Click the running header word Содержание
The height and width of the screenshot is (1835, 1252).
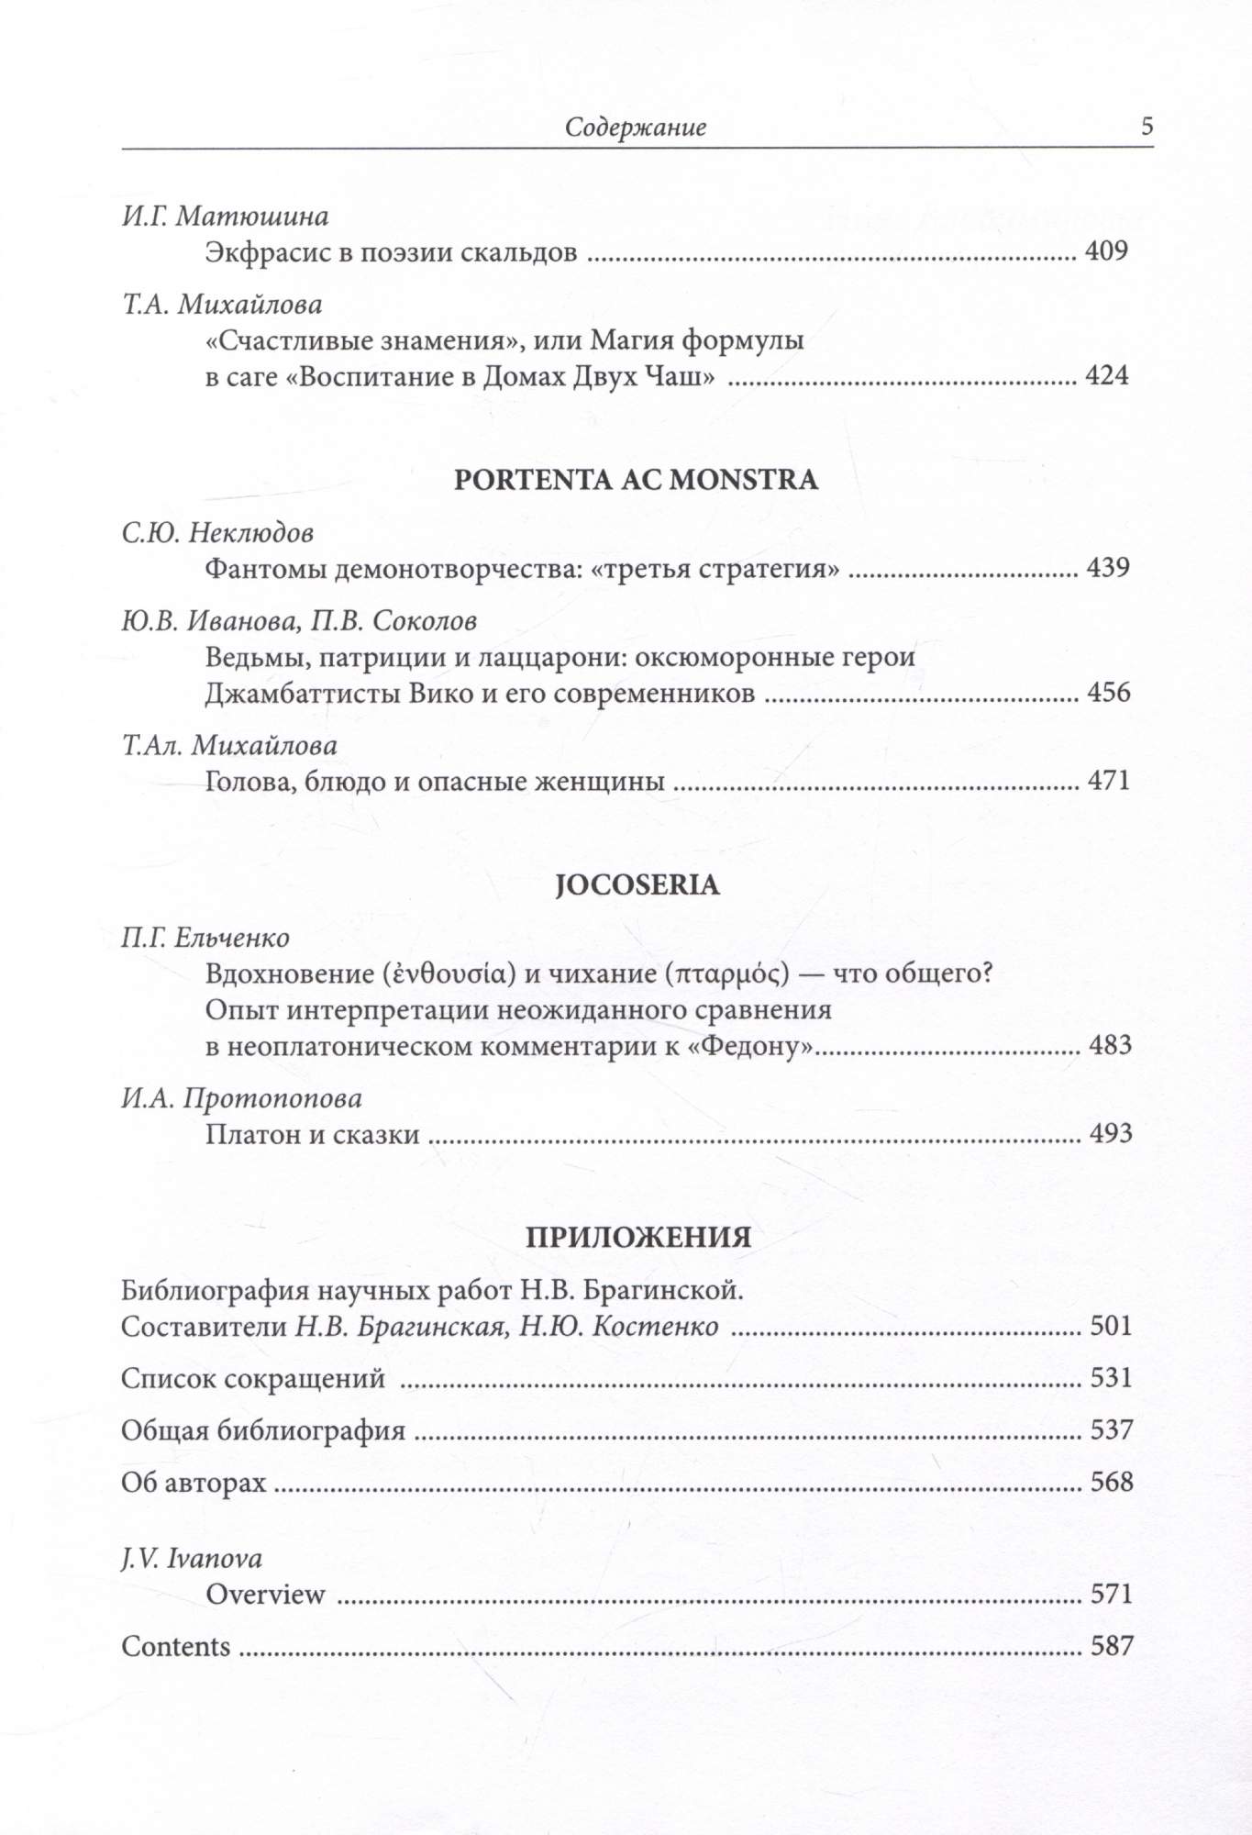635,128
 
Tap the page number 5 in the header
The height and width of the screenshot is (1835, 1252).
1147,127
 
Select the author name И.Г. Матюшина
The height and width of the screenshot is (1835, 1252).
226,216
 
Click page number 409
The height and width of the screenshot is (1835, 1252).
1106,250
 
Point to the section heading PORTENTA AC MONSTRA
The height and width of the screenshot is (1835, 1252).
636,480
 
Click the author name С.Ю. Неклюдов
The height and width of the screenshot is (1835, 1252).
217,533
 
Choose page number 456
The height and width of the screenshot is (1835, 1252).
1108,692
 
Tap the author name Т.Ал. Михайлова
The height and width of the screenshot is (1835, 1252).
229,745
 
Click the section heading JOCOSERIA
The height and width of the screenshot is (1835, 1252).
637,885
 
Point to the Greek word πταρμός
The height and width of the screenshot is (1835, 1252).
730,973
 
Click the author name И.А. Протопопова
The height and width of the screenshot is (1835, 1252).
241,1098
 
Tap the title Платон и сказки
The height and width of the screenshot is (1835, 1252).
312,1135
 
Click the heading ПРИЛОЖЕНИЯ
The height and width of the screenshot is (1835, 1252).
638,1237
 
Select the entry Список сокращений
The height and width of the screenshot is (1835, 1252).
253,1378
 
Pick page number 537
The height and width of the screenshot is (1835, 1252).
1111,1429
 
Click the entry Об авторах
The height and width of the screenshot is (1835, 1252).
194,1482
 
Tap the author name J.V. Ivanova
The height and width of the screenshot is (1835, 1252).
192,1558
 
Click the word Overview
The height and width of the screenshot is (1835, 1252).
265,1594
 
